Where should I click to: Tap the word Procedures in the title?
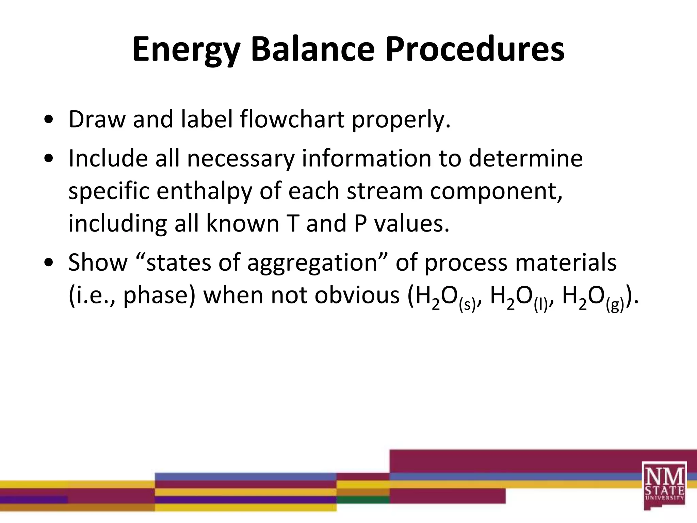click(x=475, y=49)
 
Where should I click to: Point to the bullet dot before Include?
click(x=49, y=158)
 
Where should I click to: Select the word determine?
click(x=525, y=158)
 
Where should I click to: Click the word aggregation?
click(x=312, y=263)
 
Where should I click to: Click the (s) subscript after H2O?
click(x=467, y=304)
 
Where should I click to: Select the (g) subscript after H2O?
click(x=615, y=304)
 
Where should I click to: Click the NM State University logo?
click(x=664, y=486)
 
